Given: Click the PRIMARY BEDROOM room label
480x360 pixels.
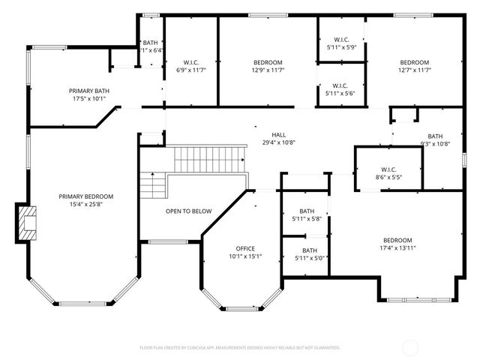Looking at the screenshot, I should (x=86, y=196).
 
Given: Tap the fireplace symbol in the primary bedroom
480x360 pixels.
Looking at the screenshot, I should (x=28, y=223).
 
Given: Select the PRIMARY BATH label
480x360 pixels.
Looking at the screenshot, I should (x=90, y=91).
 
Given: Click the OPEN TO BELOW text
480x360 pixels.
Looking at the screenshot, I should (x=188, y=211).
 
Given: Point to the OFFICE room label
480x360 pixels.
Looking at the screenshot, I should (x=245, y=248).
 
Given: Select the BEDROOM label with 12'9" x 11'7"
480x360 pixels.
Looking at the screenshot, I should (x=268, y=62).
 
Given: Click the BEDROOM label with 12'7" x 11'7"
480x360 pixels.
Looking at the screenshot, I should (x=414, y=62).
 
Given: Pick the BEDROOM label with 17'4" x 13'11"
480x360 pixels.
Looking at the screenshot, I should (x=397, y=240).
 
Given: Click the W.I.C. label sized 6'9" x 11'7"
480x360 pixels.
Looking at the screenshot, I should (x=190, y=62).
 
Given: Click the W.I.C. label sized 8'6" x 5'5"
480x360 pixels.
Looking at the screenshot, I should (x=388, y=169).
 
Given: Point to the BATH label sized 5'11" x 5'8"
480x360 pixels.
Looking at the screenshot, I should (x=307, y=211).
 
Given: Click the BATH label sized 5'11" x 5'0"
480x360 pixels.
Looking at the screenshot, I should (x=309, y=250).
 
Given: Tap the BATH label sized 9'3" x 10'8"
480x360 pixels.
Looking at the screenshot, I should (x=435, y=136).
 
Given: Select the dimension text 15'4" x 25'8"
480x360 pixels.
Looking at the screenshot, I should (x=86, y=204).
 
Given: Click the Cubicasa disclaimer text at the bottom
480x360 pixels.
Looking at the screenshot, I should (x=240, y=348).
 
